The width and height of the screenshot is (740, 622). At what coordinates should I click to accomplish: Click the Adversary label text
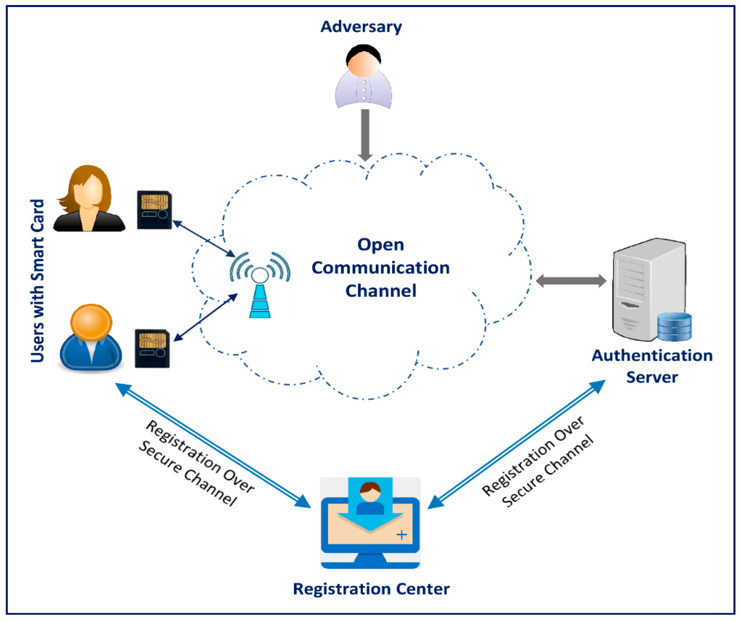click(x=361, y=27)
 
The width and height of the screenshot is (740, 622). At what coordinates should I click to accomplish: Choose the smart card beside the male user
click(x=152, y=348)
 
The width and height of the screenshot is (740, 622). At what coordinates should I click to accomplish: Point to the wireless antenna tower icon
click(x=260, y=286)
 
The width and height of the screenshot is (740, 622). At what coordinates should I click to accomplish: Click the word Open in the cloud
click(x=380, y=245)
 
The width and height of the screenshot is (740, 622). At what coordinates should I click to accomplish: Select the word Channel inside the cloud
click(x=380, y=291)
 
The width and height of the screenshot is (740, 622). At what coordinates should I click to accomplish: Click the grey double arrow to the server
click(x=571, y=281)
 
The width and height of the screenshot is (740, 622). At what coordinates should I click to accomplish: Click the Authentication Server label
click(x=652, y=366)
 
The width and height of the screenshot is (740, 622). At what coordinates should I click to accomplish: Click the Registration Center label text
click(x=371, y=589)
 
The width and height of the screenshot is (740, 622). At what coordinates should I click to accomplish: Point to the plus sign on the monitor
click(x=402, y=535)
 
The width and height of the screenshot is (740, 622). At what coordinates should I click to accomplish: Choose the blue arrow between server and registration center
click(x=516, y=444)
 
